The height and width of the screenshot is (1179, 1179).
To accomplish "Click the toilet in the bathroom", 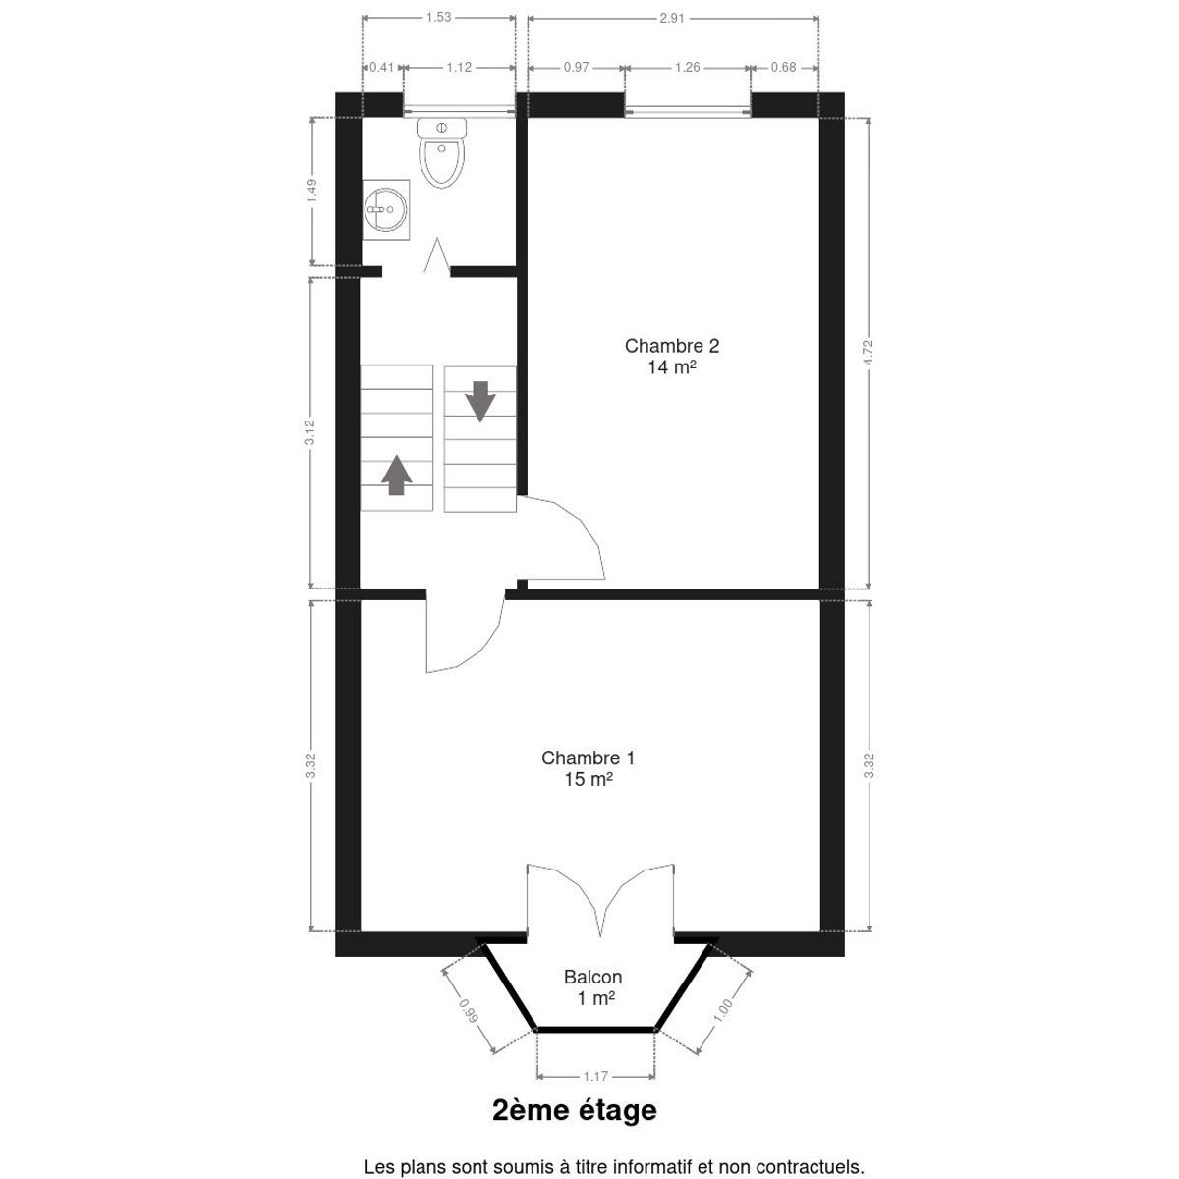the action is coord(441,153).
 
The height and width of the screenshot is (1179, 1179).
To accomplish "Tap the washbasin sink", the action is coord(385,209).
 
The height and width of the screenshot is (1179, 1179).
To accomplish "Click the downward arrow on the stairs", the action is coord(480,402).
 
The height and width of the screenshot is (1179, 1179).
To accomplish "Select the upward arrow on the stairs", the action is coord(397,475).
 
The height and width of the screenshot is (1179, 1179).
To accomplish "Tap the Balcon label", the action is coord(592,977).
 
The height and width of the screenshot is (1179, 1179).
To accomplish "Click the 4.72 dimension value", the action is coord(869,353).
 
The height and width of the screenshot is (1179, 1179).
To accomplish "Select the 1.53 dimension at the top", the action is coord(438,17).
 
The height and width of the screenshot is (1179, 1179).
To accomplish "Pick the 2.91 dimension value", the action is coord(672,18).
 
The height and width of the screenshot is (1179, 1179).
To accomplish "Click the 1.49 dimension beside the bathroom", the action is coord(312,192).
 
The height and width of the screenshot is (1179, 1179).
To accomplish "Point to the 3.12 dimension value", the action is coord(310,432).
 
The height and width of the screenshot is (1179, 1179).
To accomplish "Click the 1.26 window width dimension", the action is coord(687,68).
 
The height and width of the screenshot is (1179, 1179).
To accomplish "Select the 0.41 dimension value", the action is coord(382,68).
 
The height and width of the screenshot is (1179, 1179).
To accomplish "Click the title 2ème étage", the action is coord(575,1110).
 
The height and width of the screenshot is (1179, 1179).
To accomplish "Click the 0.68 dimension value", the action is coord(784,68).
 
